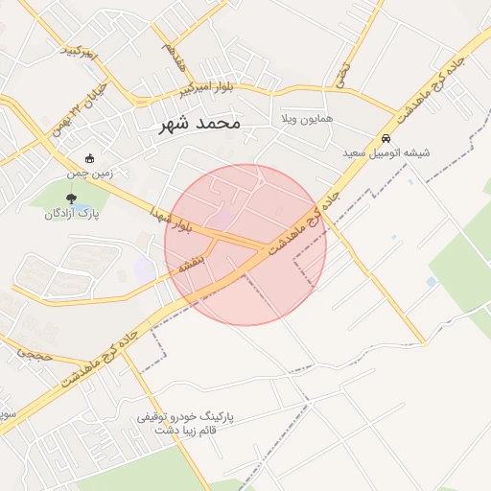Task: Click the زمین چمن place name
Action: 90,174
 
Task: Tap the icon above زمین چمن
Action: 90,158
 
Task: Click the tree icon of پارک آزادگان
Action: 72,198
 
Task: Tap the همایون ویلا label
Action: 307,119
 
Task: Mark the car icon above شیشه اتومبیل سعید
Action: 386,137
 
